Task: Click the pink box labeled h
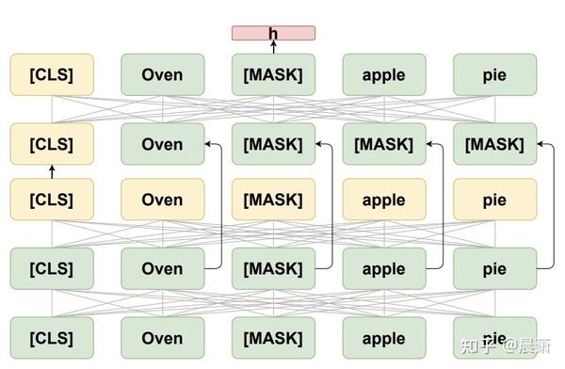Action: (x=273, y=34)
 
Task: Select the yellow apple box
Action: (x=383, y=200)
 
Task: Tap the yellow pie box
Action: (x=494, y=200)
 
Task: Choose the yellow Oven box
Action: (x=162, y=200)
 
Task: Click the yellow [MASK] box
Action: (x=273, y=200)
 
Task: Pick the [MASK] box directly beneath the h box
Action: (x=273, y=74)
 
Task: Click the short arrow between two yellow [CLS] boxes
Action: (x=52, y=171)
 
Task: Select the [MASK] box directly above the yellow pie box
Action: (x=494, y=144)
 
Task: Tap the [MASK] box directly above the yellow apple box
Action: (x=383, y=144)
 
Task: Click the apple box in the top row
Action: (x=383, y=74)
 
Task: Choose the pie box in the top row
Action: (x=494, y=74)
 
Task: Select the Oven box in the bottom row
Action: (x=162, y=338)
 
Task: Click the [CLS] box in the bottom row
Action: (x=52, y=338)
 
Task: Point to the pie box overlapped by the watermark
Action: (x=494, y=336)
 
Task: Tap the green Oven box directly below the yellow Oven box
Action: (x=162, y=268)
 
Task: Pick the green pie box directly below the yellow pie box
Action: (x=494, y=268)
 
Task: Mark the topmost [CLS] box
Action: (x=52, y=74)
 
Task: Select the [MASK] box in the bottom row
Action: (x=273, y=338)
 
